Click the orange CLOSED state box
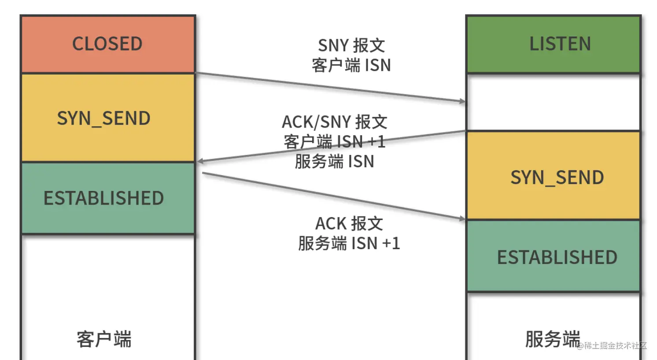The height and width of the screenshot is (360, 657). [x=107, y=44]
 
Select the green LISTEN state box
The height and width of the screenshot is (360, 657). [x=553, y=44]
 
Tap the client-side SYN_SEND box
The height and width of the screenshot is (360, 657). [x=104, y=118]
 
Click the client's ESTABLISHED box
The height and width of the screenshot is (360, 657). [x=104, y=198]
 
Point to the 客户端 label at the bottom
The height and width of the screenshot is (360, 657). [x=104, y=339]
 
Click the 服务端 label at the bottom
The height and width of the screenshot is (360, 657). [x=552, y=339]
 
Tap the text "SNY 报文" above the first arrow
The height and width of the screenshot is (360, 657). [x=351, y=45]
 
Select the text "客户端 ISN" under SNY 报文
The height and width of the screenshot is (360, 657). [x=351, y=65]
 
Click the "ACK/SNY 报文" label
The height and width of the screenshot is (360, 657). [x=335, y=122]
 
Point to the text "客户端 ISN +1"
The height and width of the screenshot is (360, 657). [x=335, y=142]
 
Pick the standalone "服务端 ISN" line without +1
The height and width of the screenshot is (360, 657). [x=335, y=162]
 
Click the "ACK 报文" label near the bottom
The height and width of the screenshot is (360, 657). [x=349, y=224]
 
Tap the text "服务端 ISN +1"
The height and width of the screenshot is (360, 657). [x=349, y=243]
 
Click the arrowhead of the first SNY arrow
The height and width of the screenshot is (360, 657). [x=462, y=102]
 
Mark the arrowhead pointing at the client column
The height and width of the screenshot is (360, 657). [x=200, y=161]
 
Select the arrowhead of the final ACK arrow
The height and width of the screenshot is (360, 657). [x=462, y=218]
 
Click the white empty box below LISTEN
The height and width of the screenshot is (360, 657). [x=553, y=102]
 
